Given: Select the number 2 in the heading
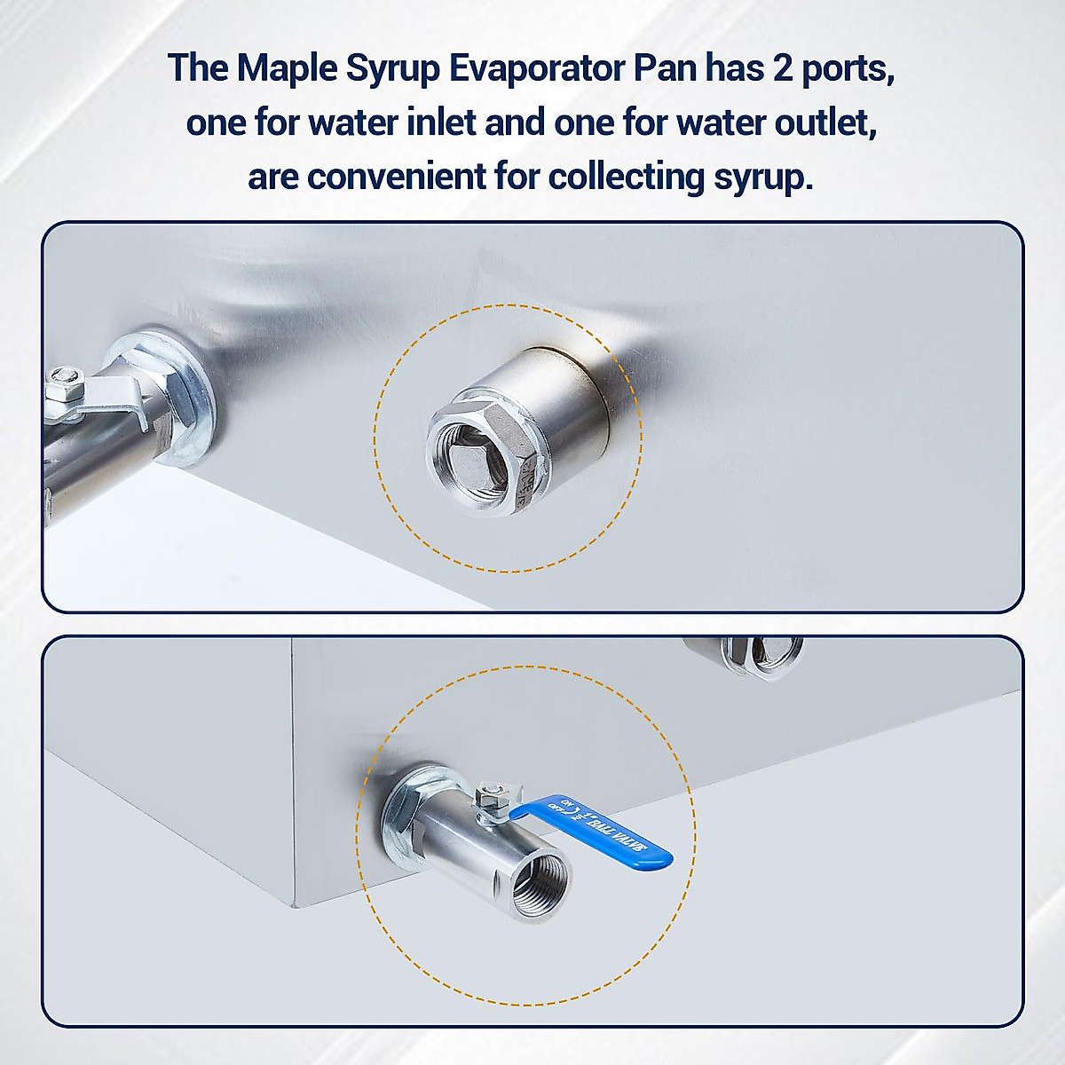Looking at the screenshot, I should point(782,69).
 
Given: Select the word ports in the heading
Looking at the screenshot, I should point(848,69).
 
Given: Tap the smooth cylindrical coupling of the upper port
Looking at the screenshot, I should point(568,390).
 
